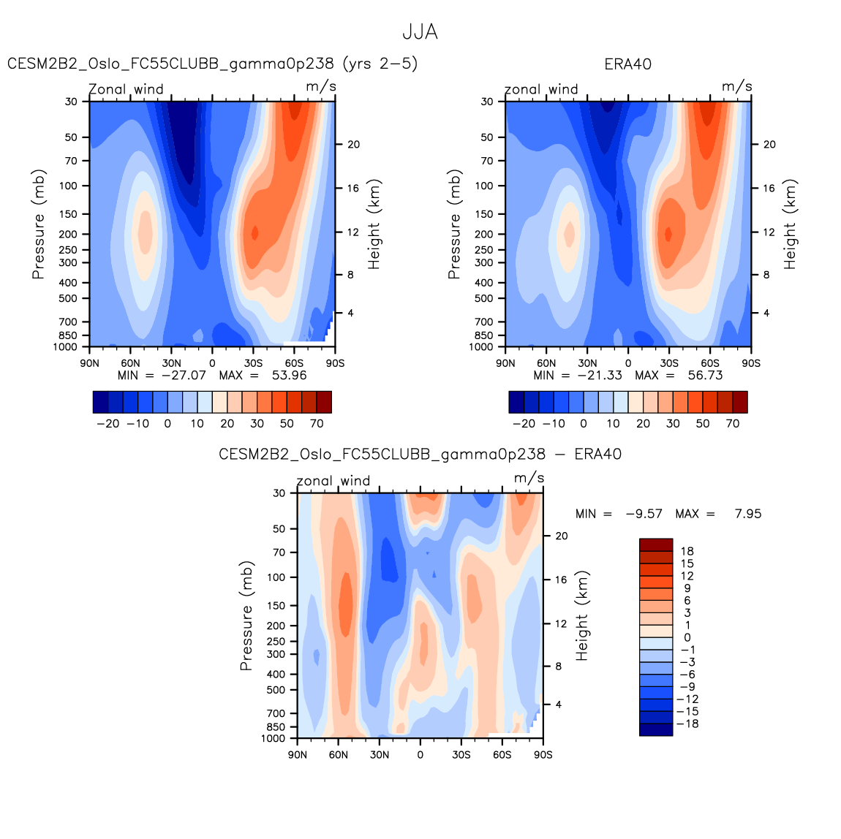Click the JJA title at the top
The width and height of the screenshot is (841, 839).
(x=420, y=32)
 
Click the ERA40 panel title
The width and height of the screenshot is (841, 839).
(x=627, y=64)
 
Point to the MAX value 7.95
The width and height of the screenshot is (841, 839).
(x=747, y=514)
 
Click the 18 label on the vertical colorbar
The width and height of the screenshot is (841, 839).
(x=687, y=551)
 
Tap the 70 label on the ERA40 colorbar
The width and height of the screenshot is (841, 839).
(x=732, y=424)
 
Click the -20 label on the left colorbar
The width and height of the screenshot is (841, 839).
(x=108, y=424)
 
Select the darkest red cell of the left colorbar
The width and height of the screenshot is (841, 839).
(x=324, y=402)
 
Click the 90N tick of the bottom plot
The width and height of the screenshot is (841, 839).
(x=298, y=754)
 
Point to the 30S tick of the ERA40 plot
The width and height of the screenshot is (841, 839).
(x=669, y=363)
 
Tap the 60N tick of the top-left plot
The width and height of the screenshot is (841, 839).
(x=130, y=363)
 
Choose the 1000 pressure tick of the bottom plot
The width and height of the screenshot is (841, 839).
(x=274, y=738)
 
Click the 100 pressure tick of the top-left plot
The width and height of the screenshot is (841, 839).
(x=69, y=186)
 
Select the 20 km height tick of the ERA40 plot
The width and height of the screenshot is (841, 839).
(x=769, y=145)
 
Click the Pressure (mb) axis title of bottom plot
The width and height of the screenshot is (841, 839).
(x=246, y=616)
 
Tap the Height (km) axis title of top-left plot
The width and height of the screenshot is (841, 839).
(x=374, y=224)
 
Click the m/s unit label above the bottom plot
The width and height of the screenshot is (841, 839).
(x=529, y=478)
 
